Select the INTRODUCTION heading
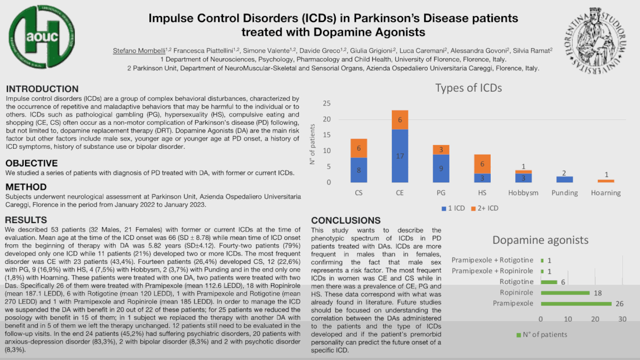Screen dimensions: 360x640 click(42, 89)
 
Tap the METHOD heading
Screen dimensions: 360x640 click(26, 187)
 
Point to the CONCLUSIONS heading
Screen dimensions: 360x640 click(346, 221)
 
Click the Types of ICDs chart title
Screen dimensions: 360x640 click(469, 88)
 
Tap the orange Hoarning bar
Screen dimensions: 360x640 click(605, 181)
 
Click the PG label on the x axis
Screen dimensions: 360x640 click(441, 193)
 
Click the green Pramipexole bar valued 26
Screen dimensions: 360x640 click(576, 303)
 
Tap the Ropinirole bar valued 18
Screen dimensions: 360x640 click(565, 292)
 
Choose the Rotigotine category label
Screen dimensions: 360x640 click(517, 282)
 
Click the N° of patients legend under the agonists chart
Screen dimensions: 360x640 click(542, 334)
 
